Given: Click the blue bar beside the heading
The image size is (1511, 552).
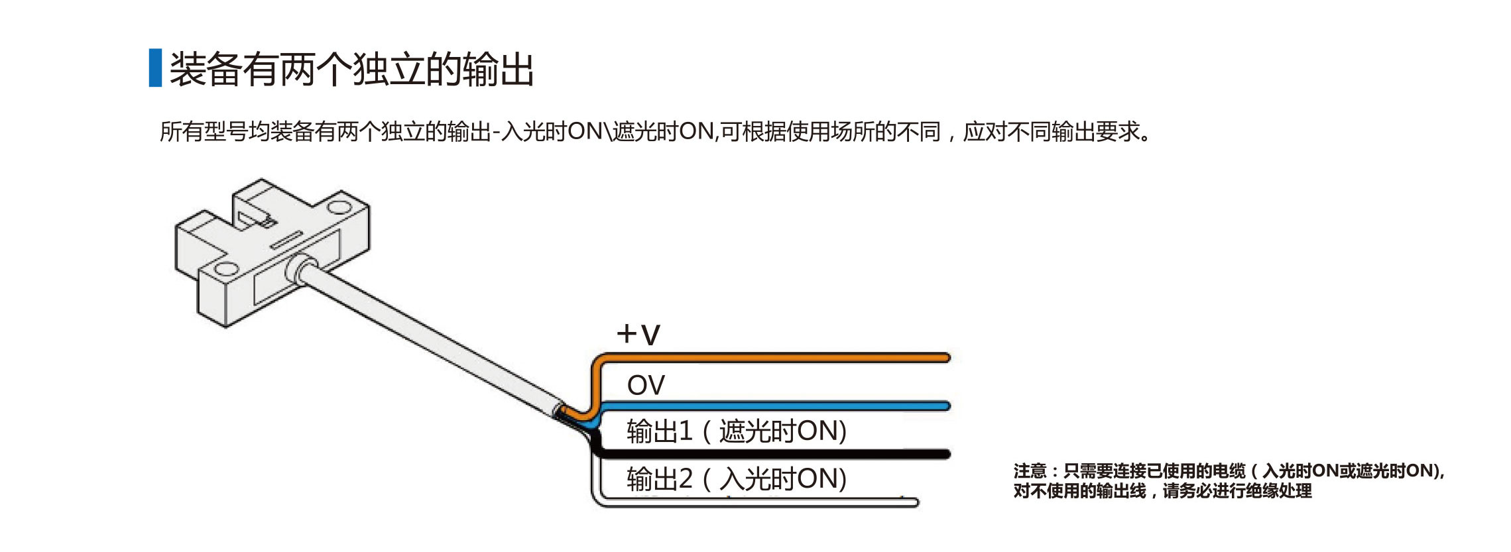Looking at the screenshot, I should pyautogui.click(x=155, y=68).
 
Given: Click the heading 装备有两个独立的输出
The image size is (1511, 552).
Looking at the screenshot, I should pyautogui.click(x=351, y=69).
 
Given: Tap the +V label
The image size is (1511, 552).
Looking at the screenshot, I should pyautogui.click(x=638, y=334).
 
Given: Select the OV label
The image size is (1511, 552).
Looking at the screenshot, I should pyautogui.click(x=645, y=385).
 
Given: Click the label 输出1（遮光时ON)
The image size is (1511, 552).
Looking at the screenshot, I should pyautogui.click(x=736, y=431).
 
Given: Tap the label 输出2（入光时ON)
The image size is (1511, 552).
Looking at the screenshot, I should pyautogui.click(x=736, y=478).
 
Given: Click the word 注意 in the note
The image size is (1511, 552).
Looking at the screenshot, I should pyautogui.click(x=1030, y=471).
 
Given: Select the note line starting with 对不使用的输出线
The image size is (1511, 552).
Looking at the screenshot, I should pyautogui.click(x=1162, y=491).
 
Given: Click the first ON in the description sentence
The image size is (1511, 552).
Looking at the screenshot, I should pyautogui.click(x=584, y=132).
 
